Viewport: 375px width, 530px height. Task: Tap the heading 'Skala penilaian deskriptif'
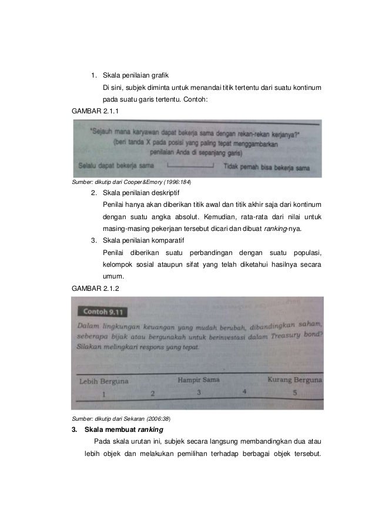[x=141, y=192]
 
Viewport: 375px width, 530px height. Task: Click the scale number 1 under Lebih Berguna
[x=104, y=394]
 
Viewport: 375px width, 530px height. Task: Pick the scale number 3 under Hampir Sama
[x=199, y=392]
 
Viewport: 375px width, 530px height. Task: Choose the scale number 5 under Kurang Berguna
[x=295, y=392]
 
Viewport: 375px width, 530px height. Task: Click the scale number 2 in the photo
[x=153, y=393]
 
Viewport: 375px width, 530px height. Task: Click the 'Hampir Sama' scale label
[x=199, y=380]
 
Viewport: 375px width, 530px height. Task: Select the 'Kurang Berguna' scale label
[x=294, y=380]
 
